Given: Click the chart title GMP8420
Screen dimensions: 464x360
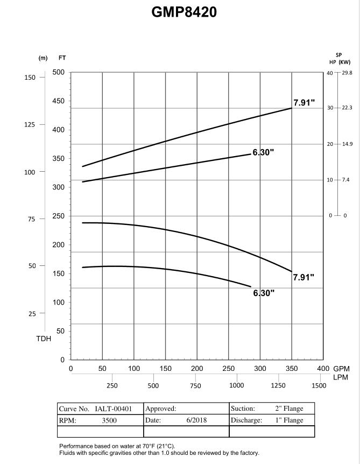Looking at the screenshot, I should point(184,12).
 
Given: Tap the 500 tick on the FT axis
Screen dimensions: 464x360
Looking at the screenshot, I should point(59,72).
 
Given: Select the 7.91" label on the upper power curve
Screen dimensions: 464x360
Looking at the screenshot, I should point(304,103).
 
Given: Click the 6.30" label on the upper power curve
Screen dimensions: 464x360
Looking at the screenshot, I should point(263,152).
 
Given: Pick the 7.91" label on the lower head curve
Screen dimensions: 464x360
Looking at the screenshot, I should point(303,277).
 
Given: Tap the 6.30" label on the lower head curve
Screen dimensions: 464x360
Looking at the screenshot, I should point(264,293).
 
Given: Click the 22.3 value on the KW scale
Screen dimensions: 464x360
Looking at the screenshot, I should point(347,108).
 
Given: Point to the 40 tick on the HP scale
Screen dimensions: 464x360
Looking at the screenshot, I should point(330,73).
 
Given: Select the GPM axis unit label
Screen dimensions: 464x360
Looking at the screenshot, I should point(341,369).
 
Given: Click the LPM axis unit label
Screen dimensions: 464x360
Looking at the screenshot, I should point(341,377).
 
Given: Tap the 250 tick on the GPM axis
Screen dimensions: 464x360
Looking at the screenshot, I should point(228,369).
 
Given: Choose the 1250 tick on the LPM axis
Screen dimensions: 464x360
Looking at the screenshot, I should point(278,386).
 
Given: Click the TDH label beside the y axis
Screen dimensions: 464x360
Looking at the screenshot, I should point(44,339).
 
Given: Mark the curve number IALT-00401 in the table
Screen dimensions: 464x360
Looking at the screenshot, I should point(113,409).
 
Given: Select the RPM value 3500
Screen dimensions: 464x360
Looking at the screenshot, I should point(109,420).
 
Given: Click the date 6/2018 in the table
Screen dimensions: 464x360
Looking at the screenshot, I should point(196,420).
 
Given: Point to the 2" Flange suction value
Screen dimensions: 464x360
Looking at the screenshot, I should point(289,409).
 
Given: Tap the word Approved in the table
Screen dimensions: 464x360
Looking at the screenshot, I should point(160,409).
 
